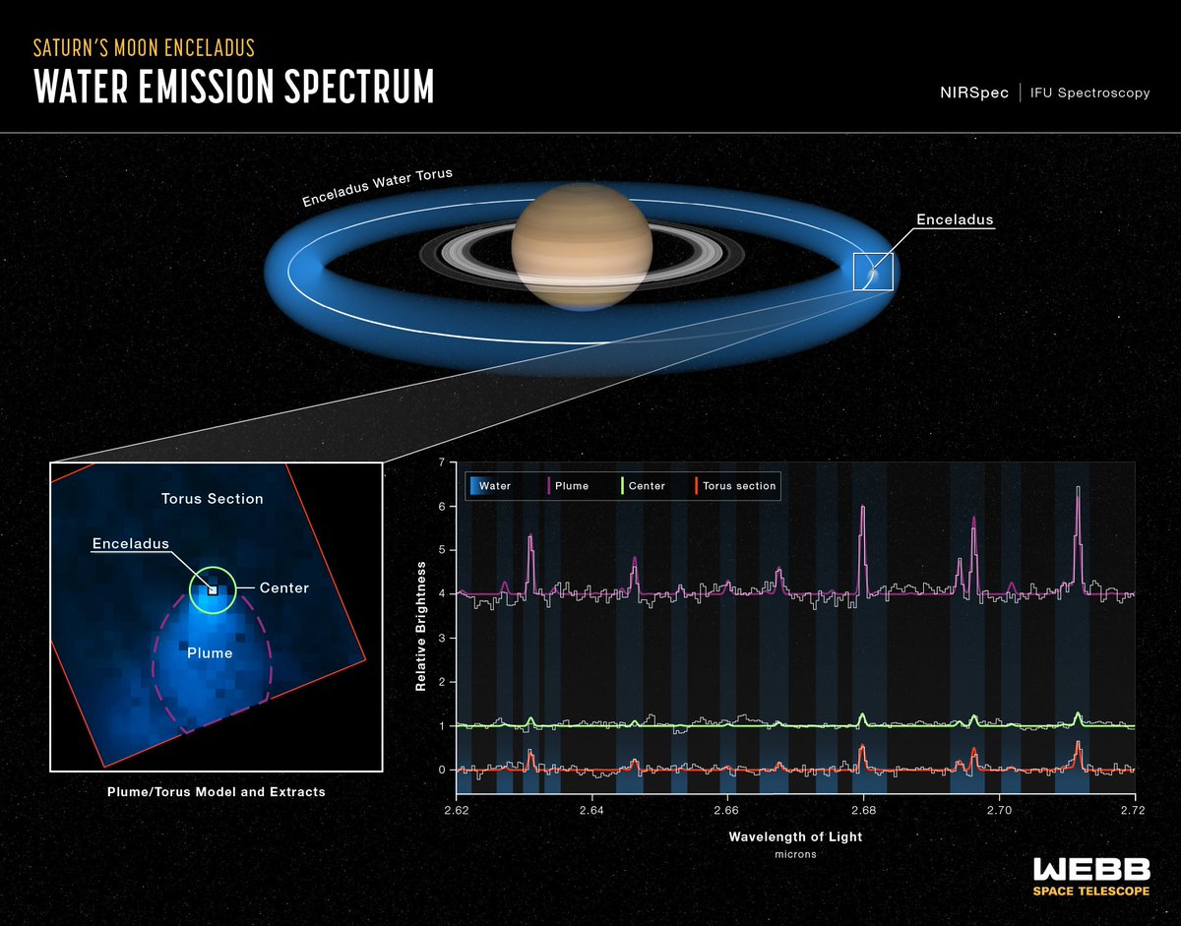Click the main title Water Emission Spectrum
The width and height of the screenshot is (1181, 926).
[x=233, y=87]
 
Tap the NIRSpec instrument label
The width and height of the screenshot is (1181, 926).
[x=973, y=93]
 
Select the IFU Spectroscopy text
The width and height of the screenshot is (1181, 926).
[x=1089, y=93]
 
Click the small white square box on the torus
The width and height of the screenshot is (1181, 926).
[x=873, y=271]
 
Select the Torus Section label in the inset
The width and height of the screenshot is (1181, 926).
[x=213, y=499]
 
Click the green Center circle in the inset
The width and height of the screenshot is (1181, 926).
[x=213, y=590]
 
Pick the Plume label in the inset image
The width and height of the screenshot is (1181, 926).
[x=212, y=652]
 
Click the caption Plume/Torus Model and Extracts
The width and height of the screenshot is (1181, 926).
[x=217, y=791]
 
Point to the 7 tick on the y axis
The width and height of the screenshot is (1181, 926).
[x=443, y=463]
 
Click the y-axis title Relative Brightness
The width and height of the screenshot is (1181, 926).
[x=420, y=626]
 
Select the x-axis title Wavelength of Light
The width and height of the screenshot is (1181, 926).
[x=795, y=837]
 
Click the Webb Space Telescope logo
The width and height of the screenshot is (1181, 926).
[x=1089, y=876]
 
